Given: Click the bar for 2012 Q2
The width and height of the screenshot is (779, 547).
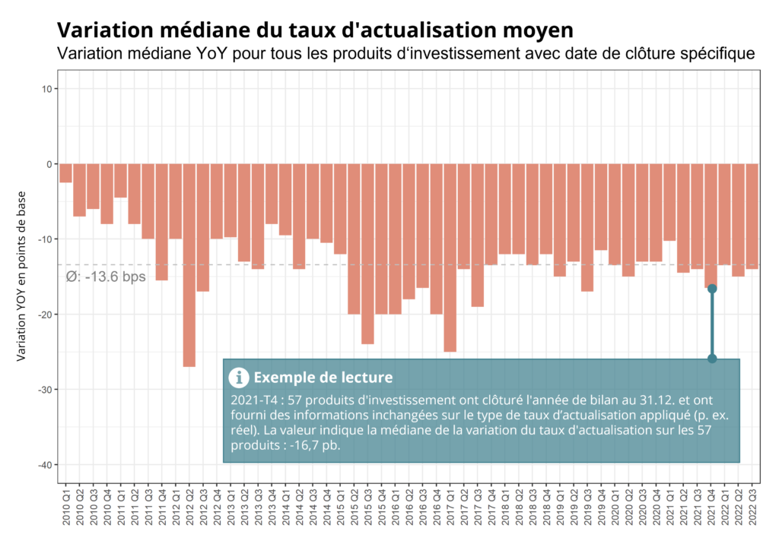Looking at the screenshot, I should pos(189,265).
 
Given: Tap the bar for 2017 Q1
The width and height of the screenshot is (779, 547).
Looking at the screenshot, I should pos(450,258).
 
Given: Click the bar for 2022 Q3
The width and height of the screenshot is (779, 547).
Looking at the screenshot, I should pos(752,217).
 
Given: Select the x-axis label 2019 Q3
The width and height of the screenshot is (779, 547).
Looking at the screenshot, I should pos(587,509).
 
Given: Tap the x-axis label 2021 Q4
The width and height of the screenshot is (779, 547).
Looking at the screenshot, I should pos(711,509).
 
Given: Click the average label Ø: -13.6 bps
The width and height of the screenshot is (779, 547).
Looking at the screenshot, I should pos(106,277).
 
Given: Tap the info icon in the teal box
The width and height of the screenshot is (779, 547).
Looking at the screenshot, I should pos(239,377).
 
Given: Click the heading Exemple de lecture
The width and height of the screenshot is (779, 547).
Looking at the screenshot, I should pos(323,378).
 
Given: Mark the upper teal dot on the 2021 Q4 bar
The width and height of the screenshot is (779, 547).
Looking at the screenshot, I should pos(712,289).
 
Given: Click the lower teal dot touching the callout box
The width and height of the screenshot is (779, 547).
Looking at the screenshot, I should pos(712,359).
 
